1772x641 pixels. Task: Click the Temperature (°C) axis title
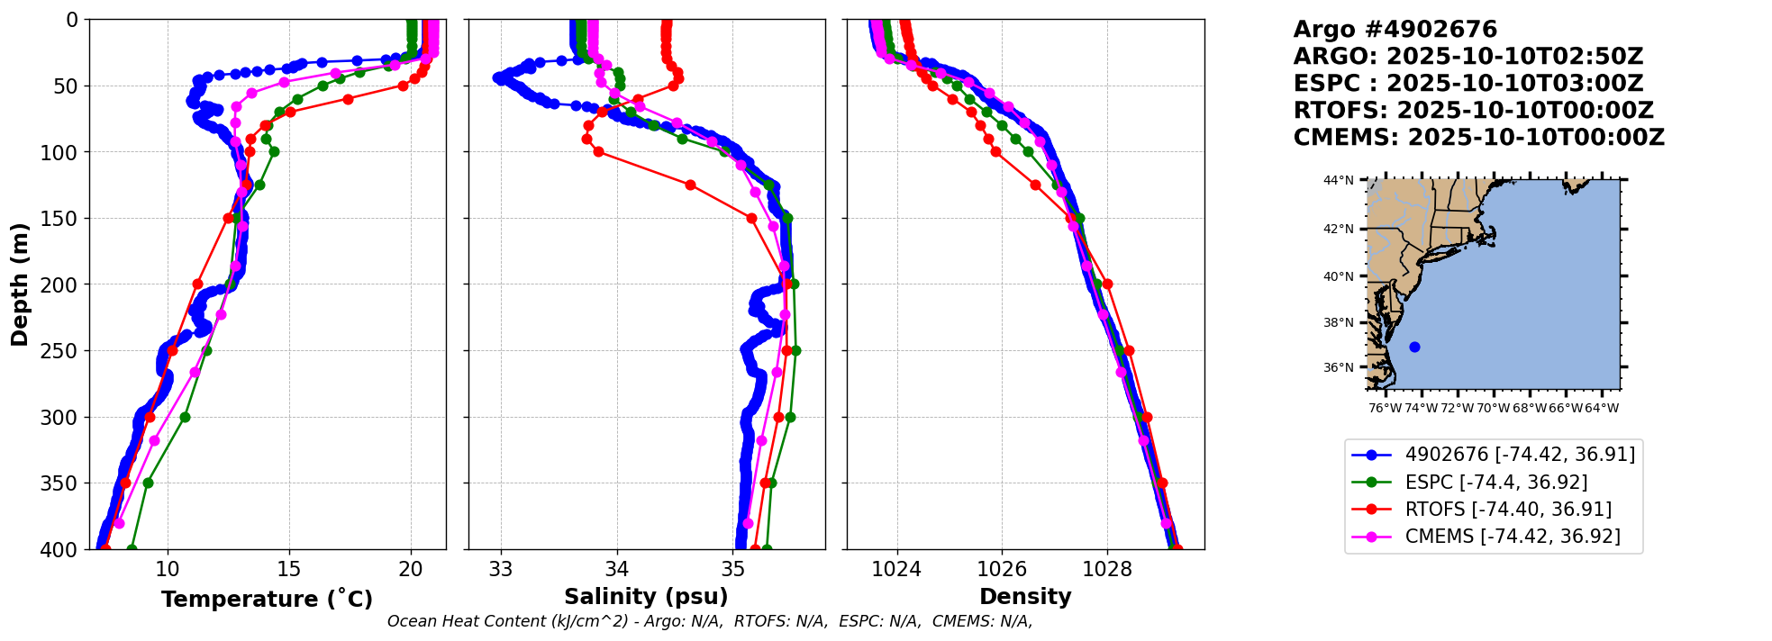[267, 600]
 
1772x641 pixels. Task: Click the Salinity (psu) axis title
[646, 597]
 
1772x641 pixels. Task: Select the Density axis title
[1025, 597]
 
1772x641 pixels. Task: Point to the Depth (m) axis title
[20, 284]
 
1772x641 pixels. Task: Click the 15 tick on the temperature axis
[288, 569]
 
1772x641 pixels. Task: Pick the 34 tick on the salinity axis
[617, 569]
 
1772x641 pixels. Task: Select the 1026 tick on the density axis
[1002, 569]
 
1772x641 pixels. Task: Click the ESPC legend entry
[1495, 483]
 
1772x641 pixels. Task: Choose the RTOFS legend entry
[1507, 510]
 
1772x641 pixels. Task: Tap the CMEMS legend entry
[1512, 537]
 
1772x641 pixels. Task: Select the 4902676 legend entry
[1519, 455]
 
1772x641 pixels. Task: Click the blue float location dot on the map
[1414, 347]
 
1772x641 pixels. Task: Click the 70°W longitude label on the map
[1493, 408]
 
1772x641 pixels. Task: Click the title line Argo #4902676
[1395, 30]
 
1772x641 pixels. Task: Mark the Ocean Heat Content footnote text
[710, 621]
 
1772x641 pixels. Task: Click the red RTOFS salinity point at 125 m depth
[690, 185]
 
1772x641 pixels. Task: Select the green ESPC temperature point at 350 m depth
[148, 483]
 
